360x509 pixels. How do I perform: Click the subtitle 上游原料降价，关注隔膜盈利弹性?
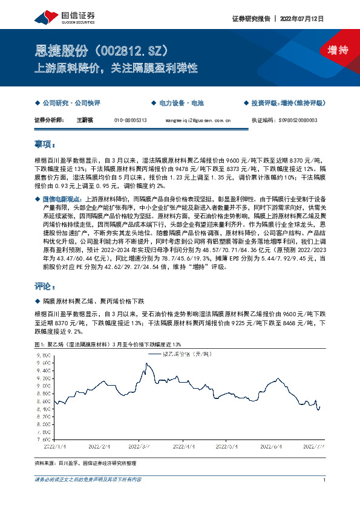116,69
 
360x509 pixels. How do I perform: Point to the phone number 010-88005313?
131,120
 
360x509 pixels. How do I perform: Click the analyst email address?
198,120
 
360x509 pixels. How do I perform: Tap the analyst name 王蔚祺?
85,120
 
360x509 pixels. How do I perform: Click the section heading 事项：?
45,145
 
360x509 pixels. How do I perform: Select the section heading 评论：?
45,285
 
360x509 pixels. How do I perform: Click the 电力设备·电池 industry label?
166,104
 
